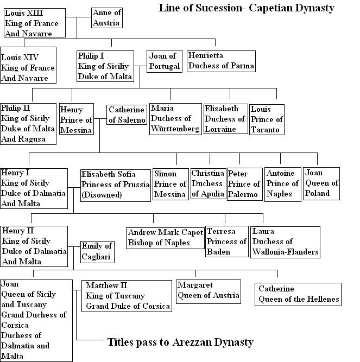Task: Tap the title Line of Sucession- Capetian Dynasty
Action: coord(246,8)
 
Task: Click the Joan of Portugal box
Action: coord(163,61)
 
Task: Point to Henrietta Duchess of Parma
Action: coord(220,61)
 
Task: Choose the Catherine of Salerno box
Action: coord(126,115)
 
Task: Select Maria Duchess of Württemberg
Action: coord(174,119)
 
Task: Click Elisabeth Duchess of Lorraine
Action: coord(224,119)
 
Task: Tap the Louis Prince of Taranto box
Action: coord(267,119)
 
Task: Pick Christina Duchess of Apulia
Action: coord(207,183)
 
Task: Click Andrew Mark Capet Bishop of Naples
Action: coord(165,237)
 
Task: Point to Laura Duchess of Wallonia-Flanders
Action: coord(285,242)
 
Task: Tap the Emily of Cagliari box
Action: coord(96,251)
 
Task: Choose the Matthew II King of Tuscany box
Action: coord(128,296)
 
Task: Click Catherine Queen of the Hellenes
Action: coord(299,294)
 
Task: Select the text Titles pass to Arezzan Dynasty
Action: coord(180,342)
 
